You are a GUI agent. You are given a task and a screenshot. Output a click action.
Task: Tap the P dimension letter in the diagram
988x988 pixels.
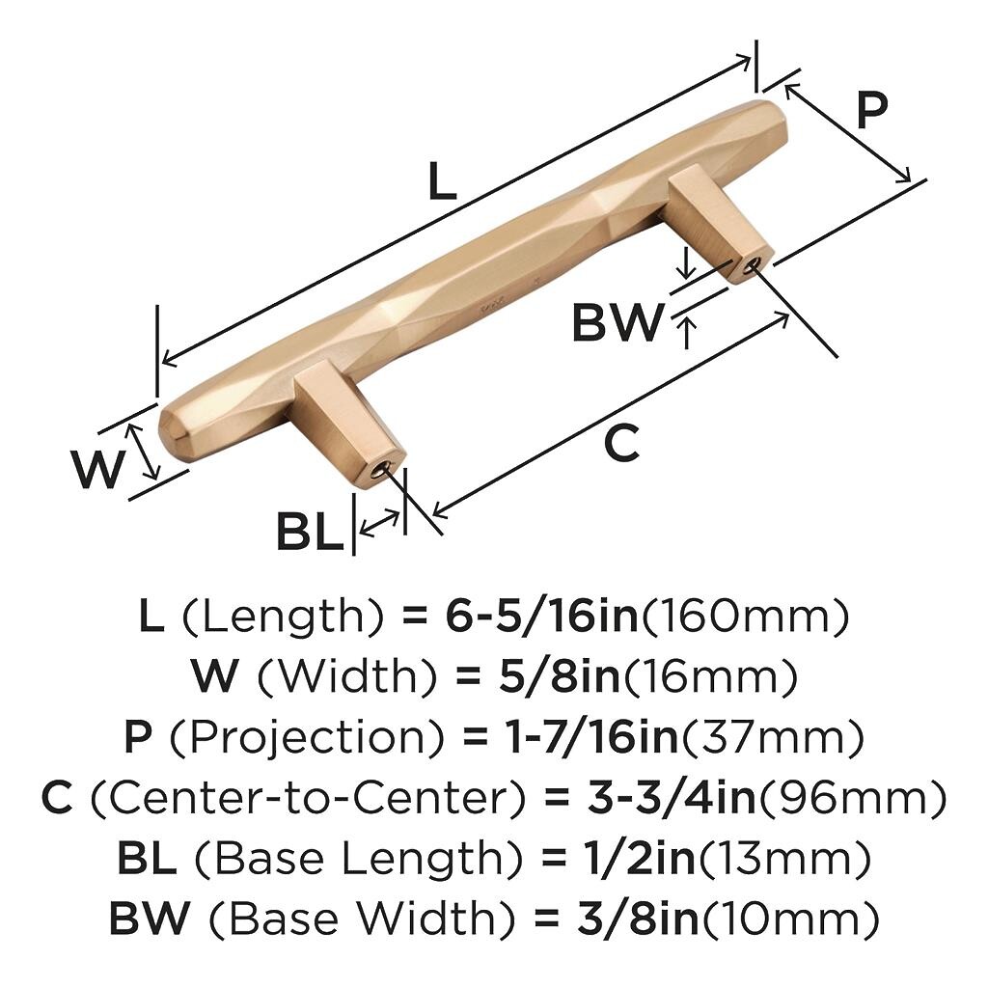coord(872,110)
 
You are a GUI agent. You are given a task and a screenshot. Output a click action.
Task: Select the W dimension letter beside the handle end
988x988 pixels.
coord(97,469)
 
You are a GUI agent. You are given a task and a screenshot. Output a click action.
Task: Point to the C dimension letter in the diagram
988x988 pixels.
coord(621,442)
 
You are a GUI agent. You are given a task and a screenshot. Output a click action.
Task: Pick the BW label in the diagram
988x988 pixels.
coord(618,322)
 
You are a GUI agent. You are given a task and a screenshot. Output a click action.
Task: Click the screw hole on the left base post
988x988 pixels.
coord(381,470)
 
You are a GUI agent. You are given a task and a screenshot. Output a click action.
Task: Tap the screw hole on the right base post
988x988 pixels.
coord(751,266)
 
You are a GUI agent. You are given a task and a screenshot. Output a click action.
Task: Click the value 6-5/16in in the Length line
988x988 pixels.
coord(542,616)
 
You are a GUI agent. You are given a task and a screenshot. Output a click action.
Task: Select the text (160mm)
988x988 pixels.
coord(745,616)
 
